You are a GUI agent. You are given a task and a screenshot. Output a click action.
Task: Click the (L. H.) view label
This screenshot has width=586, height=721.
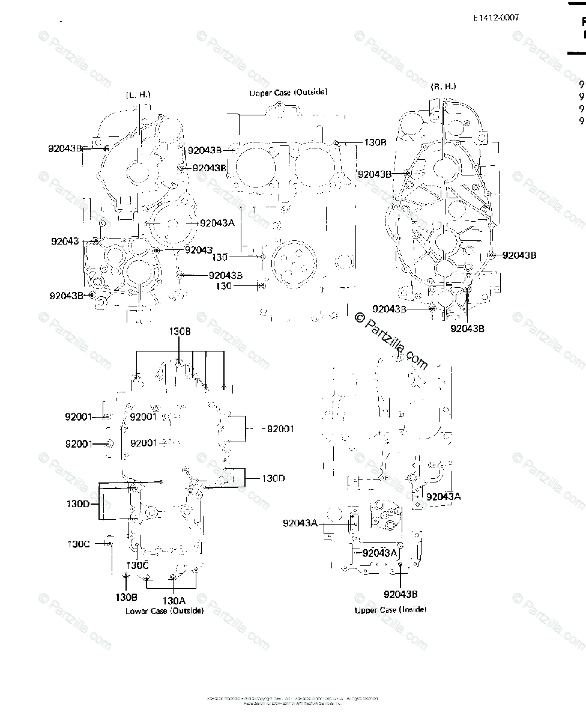[138, 95]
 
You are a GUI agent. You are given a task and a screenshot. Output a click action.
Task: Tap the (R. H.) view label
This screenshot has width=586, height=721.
[443, 87]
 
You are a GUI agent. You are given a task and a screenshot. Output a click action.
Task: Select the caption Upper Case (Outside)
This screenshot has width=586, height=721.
[288, 93]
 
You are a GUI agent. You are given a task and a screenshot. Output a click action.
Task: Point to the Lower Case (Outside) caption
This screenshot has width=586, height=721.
[164, 611]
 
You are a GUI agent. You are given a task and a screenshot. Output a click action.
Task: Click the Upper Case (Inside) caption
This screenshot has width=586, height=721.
[390, 610]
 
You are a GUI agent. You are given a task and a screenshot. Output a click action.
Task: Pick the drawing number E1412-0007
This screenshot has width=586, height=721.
[496, 17]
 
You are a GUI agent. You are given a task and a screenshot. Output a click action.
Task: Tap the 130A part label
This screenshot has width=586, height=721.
[174, 600]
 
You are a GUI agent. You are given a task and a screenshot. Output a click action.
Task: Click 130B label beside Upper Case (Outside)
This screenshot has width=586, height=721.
[375, 143]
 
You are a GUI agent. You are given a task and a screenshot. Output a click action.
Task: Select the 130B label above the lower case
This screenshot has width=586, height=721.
[180, 331]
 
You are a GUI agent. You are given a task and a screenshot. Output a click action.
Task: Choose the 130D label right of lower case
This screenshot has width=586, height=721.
[273, 478]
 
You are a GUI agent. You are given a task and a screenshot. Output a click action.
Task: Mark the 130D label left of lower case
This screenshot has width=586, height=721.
[78, 503]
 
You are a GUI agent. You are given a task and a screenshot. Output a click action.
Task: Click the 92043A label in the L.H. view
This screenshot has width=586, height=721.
[217, 223]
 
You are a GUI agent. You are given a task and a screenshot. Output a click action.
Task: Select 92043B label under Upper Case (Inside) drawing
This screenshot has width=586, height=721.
[400, 594]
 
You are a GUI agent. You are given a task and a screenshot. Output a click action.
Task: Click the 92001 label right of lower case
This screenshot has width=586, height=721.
[280, 429]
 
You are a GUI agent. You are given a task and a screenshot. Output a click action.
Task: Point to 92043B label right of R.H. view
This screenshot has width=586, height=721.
[519, 255]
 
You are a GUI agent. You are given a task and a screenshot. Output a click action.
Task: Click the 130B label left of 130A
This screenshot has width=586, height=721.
[127, 597]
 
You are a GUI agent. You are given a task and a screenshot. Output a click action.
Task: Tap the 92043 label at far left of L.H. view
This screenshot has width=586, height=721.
[65, 241]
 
